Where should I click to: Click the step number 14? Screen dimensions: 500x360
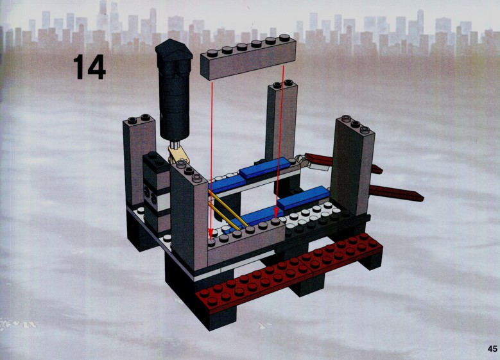(89, 67)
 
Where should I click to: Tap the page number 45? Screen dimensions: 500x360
(492, 348)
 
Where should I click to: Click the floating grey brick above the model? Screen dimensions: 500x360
(248, 57)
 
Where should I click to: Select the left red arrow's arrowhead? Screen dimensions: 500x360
(211, 234)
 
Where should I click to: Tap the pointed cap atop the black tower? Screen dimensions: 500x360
(174, 51)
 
